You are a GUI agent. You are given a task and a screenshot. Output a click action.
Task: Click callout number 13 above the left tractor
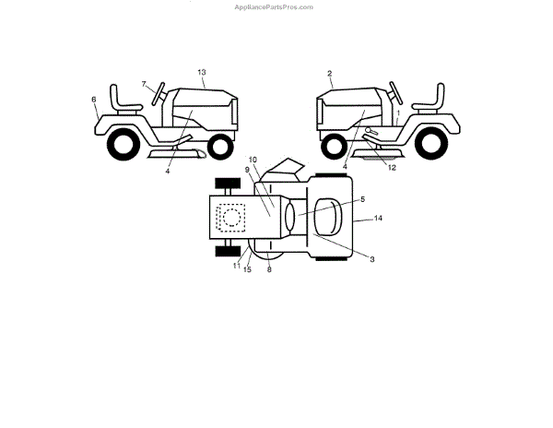[x=202, y=71]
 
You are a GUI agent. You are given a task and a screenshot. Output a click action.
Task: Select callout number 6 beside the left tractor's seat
[x=93, y=99]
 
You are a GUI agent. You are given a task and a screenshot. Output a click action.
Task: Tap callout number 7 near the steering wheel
[x=145, y=84]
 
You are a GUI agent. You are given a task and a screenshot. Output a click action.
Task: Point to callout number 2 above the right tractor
[x=329, y=72]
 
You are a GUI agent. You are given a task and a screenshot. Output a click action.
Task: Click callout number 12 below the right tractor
[x=392, y=167]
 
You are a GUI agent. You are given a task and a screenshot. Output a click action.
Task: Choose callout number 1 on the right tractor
[x=397, y=113]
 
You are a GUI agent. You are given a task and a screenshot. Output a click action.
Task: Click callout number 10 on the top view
[x=253, y=160]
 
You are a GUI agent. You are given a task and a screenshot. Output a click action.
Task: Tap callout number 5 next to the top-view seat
[x=362, y=198]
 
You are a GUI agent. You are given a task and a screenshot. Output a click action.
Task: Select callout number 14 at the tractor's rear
[x=378, y=219]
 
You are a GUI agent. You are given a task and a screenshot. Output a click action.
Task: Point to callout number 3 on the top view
[x=371, y=259]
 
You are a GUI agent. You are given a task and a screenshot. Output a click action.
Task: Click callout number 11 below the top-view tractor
[x=237, y=266]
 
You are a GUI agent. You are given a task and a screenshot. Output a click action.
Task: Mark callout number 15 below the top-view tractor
[x=247, y=268]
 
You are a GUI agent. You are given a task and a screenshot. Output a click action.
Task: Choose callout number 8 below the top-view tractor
[x=269, y=268]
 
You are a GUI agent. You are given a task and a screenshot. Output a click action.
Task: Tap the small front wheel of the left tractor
[x=218, y=145]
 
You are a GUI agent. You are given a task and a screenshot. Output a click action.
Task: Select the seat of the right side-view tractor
[x=429, y=100]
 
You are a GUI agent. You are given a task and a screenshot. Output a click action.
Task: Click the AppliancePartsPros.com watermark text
[x=276, y=6]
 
